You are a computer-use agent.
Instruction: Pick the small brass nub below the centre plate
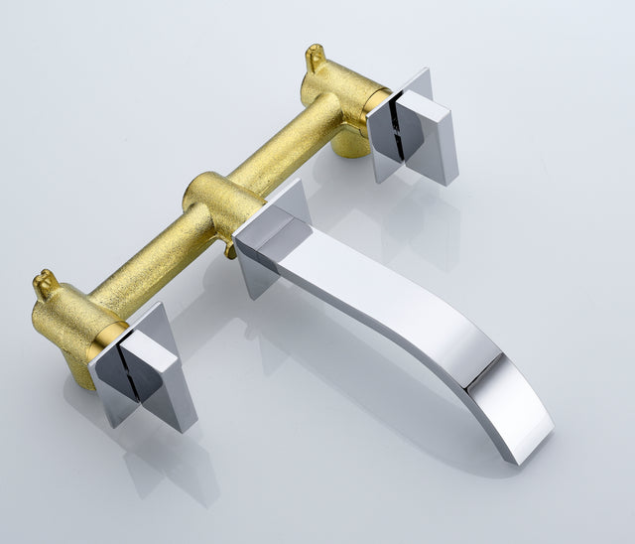point(231,250)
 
